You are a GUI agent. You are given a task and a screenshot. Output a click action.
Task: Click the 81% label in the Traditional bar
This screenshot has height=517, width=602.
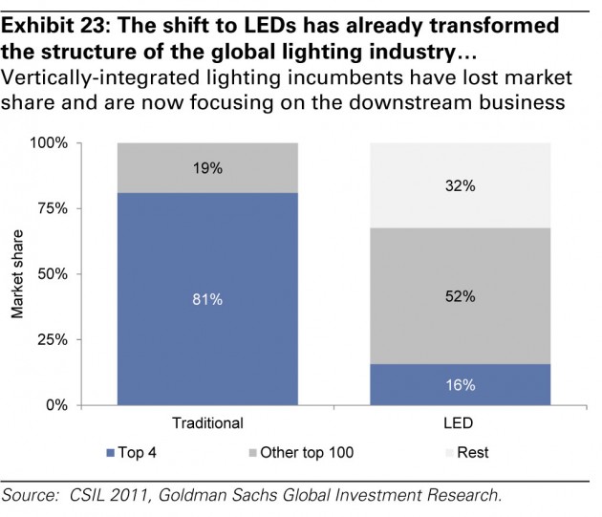pyautogui.click(x=207, y=299)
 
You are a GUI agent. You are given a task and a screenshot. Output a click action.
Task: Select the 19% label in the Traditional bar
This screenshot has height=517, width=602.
pyautogui.click(x=207, y=168)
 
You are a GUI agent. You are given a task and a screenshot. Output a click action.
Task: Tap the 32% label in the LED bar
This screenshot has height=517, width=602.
pyautogui.click(x=461, y=187)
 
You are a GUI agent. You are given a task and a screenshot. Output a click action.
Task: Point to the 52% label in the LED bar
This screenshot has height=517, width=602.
pyautogui.click(x=461, y=296)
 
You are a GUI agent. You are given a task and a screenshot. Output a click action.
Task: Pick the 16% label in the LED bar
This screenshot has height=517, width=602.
pyautogui.click(x=461, y=385)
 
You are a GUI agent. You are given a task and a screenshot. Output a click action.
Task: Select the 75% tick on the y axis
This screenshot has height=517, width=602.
pyautogui.click(x=53, y=209)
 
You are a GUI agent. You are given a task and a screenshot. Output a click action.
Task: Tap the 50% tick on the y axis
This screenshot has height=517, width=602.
pyautogui.click(x=53, y=274)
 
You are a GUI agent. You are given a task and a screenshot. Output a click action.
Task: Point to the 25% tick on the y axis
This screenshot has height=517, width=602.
pyautogui.click(x=53, y=340)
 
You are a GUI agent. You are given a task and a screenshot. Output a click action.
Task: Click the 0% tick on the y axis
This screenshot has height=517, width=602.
pyautogui.click(x=57, y=405)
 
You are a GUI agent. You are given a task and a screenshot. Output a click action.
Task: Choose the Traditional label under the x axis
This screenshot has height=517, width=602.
pyautogui.click(x=207, y=422)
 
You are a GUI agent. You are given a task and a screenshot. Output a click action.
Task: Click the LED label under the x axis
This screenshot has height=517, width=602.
pyautogui.click(x=461, y=422)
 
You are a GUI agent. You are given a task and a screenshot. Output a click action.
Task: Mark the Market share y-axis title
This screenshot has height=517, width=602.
pyautogui.click(x=16, y=275)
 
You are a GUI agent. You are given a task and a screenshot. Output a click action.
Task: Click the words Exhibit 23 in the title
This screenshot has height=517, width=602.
pyautogui.click(x=49, y=17)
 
